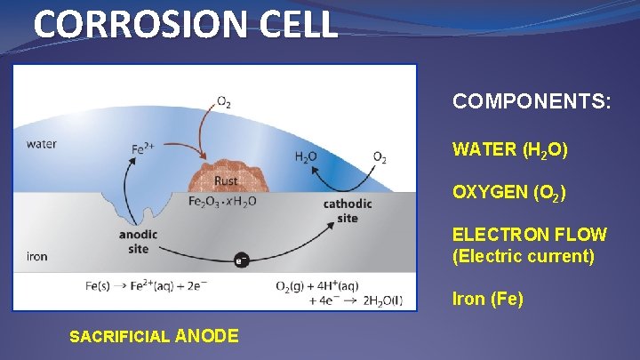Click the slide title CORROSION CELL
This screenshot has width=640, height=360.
tap(186, 24)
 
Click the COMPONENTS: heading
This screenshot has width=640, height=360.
tap(532, 102)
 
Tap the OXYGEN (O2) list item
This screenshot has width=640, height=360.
tap(509, 193)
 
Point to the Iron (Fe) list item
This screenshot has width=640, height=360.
tap(488, 300)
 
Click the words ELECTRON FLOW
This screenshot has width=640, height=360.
tap(530, 236)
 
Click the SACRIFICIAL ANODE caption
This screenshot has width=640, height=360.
tap(153, 336)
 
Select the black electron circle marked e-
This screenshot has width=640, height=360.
tap(240, 260)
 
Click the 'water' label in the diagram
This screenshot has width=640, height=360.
tap(42, 144)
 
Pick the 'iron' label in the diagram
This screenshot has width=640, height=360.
tap(37, 257)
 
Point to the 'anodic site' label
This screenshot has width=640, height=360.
tap(138, 242)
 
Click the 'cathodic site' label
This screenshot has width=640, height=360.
tap(348, 211)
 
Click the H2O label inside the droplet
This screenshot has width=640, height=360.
tap(306, 157)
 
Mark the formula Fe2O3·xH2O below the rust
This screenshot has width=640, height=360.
tap(222, 201)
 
